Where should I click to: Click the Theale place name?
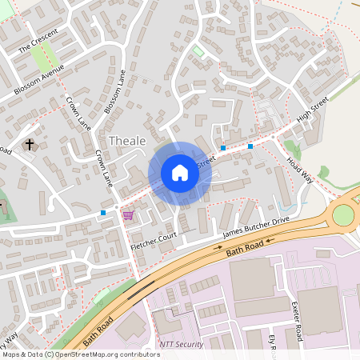127,141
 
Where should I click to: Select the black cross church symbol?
30,145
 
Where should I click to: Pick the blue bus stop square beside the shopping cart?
103,213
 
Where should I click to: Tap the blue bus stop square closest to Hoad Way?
250,146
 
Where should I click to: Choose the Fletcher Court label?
152,243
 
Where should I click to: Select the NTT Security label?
182,344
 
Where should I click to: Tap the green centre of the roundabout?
343,215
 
